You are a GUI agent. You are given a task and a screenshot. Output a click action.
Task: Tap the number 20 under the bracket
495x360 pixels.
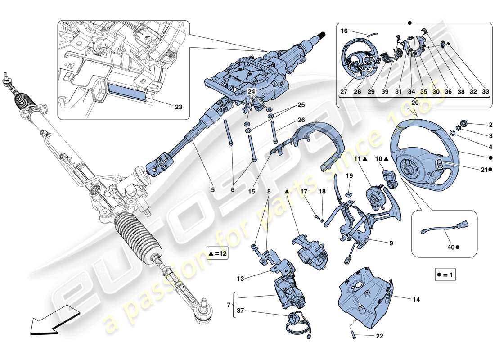point(414,102)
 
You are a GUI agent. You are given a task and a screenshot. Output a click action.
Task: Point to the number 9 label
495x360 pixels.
point(391,243)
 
